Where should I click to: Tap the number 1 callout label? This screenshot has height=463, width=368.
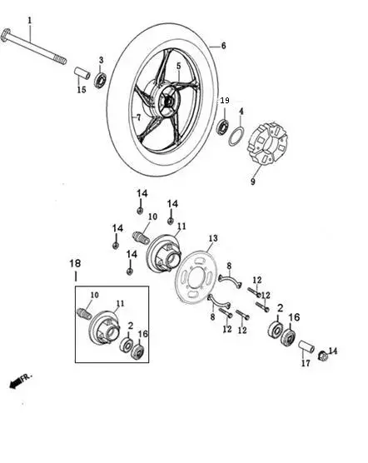[x=30, y=21]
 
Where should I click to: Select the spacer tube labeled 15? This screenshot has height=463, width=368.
[x=82, y=73]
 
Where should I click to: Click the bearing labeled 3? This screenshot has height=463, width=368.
[x=101, y=80]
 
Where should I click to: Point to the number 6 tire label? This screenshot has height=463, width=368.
[x=223, y=46]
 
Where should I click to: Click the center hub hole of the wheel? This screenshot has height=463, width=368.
[x=168, y=102]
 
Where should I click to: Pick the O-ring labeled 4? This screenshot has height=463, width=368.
[x=236, y=137]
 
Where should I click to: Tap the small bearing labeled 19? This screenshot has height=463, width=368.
[x=222, y=127]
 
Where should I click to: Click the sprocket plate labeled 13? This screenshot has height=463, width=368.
[x=196, y=277]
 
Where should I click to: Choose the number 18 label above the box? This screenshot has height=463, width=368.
[x=75, y=263]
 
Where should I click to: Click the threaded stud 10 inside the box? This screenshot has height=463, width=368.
[x=84, y=313]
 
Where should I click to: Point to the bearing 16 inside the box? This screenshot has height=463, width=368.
[x=137, y=351]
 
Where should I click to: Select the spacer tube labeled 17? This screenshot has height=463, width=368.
[x=306, y=346]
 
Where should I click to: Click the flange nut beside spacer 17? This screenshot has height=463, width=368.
[x=322, y=356]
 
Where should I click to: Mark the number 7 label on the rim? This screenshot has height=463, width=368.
[x=139, y=117]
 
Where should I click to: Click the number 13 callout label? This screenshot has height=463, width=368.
[x=213, y=238]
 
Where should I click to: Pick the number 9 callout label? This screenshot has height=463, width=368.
[x=253, y=182]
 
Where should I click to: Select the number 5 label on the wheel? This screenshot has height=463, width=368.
[x=178, y=66]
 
